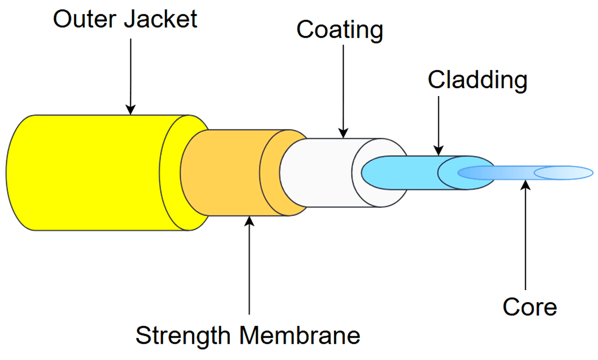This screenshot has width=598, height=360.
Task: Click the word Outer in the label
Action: pos(86,20)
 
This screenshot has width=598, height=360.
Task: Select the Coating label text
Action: pos(339,30)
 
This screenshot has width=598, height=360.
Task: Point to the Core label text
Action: pos(530,307)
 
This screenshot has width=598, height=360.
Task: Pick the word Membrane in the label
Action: pos(299,336)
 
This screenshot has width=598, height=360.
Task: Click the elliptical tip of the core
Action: pos(563,173)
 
